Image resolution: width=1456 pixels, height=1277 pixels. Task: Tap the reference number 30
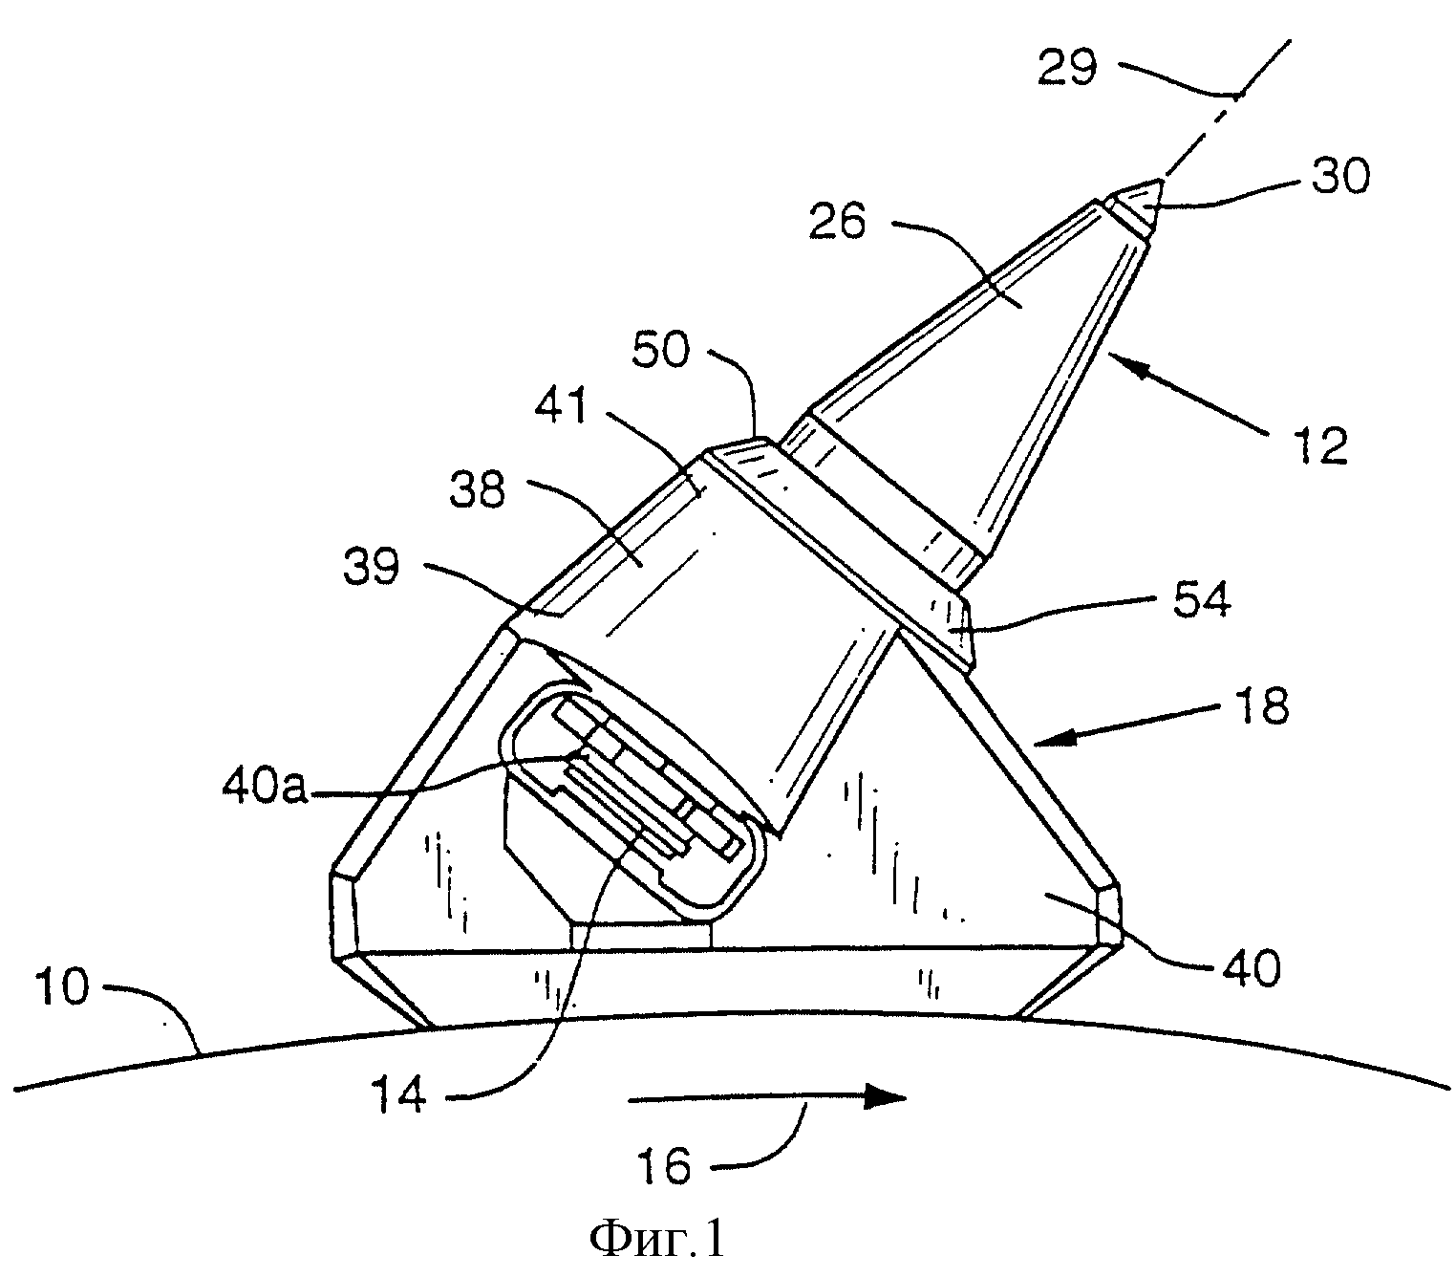click(1340, 176)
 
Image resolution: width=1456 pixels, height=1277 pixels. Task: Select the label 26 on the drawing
click(837, 221)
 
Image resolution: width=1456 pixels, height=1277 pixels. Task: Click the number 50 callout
click(660, 350)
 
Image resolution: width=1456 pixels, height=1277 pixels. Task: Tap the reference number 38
click(477, 490)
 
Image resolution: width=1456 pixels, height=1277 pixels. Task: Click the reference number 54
click(1202, 599)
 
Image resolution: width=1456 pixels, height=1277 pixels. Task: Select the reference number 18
click(1263, 705)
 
